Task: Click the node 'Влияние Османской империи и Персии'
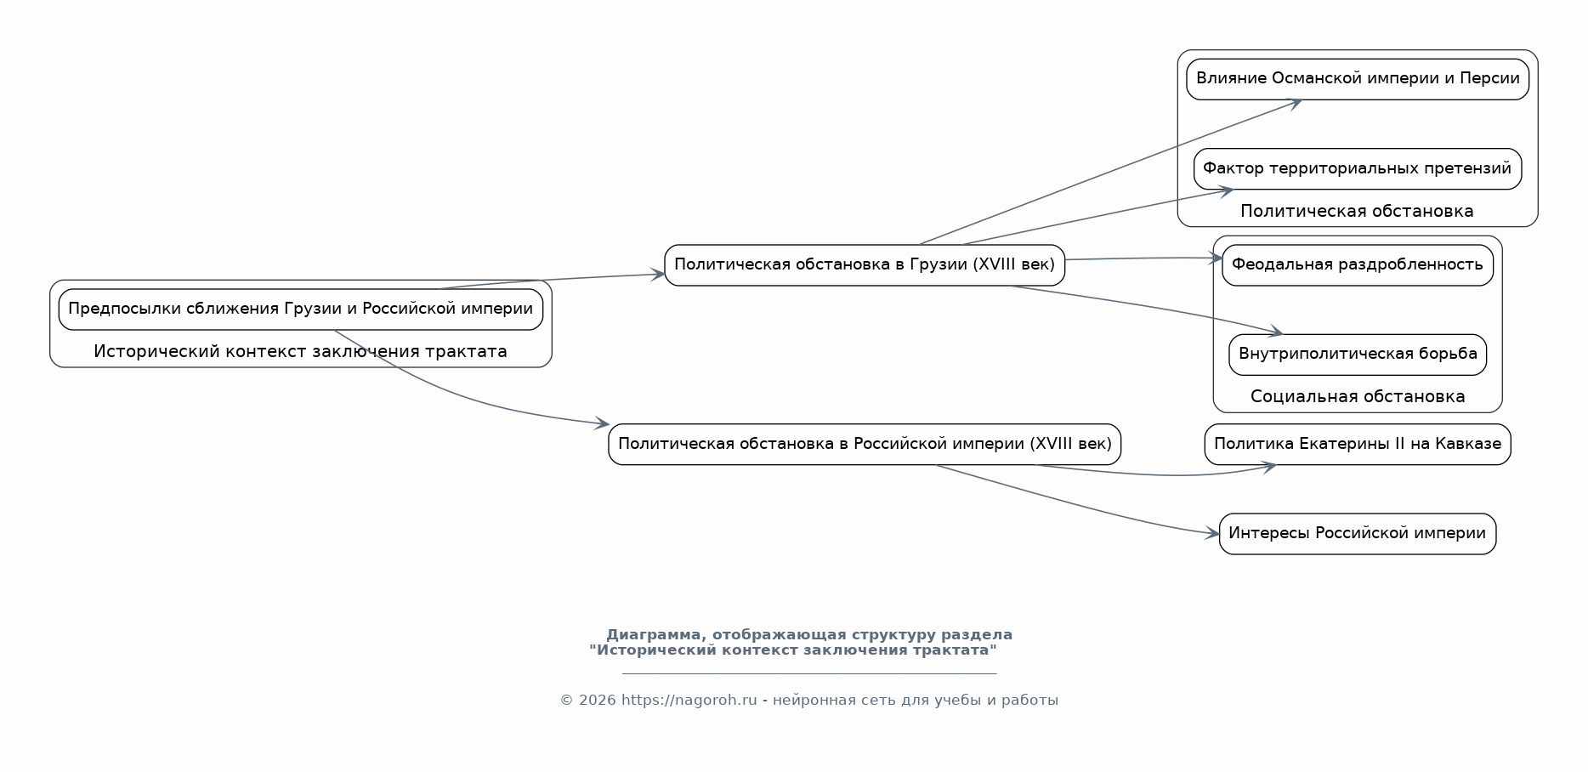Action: click(1358, 79)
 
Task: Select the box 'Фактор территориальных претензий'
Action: click(1358, 169)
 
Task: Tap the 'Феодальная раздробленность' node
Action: click(1358, 265)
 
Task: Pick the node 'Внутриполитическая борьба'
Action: click(1358, 355)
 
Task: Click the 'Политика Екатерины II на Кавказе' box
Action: click(1358, 445)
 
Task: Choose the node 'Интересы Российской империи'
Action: click(1358, 534)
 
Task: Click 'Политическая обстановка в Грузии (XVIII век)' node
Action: click(865, 265)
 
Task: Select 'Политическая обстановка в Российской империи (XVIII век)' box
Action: click(865, 445)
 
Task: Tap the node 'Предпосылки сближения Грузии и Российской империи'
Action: click(301, 309)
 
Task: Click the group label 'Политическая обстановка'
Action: click(1357, 212)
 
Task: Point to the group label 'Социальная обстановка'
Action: click(1358, 397)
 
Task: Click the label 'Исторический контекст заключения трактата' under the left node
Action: click(300, 352)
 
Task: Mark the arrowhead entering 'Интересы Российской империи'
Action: click(1212, 534)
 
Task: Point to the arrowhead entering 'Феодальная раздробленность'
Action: click(1215, 258)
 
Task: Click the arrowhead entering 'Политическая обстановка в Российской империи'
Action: click(602, 423)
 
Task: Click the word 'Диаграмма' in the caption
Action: click(654, 635)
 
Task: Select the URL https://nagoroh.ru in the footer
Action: click(689, 701)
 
